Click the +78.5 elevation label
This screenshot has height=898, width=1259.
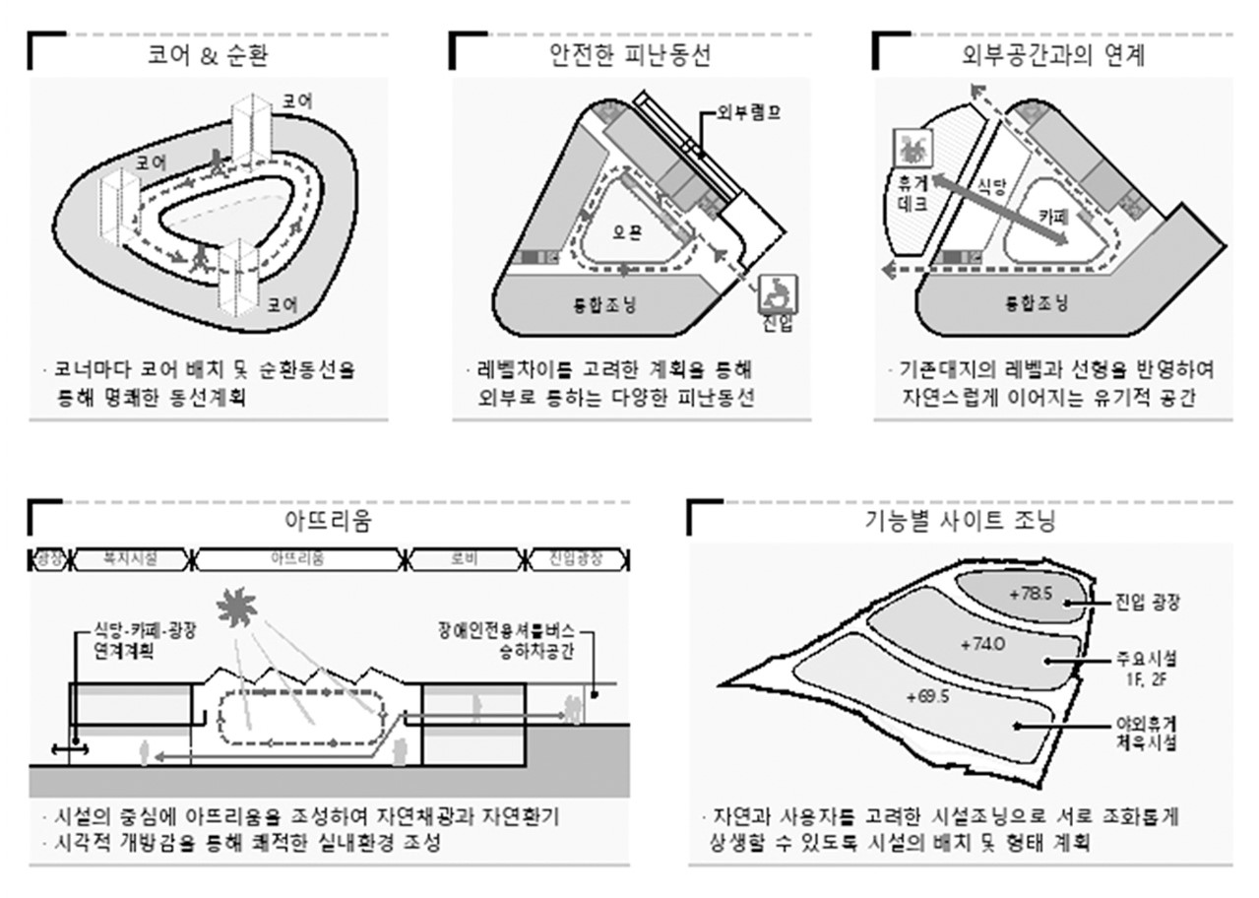coord(1032,594)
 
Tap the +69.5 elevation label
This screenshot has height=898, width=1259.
coord(927,696)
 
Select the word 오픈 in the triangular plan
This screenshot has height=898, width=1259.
coord(627,235)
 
